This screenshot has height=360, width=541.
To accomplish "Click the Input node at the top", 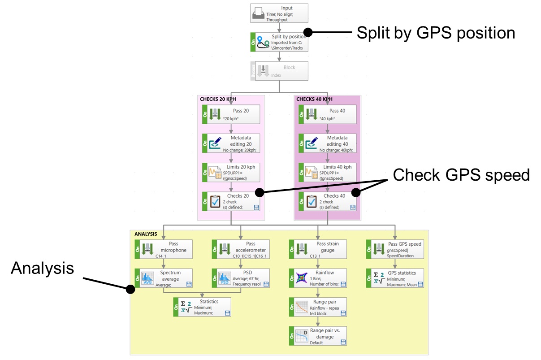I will click(279, 13).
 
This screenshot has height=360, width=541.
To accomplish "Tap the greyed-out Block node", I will click(279, 70).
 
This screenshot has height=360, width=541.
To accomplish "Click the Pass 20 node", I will click(231, 114).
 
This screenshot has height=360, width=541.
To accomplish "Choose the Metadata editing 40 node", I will click(328, 143).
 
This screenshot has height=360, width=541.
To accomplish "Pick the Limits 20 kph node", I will click(231, 173).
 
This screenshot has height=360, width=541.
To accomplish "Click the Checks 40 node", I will click(328, 201).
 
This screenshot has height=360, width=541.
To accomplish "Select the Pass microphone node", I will click(164, 249).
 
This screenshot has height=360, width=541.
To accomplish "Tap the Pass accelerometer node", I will click(241, 249).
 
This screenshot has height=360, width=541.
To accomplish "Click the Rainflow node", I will click(318, 278).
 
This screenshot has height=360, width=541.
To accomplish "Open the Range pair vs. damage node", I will click(318, 336).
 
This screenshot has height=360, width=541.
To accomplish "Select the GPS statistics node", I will click(395, 278).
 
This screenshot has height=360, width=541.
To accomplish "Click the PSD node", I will click(241, 278).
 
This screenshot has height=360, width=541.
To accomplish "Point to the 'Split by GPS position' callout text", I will click(436, 33).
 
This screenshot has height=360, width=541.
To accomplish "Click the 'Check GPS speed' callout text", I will click(461, 175).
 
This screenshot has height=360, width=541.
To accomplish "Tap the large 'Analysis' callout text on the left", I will click(42, 268).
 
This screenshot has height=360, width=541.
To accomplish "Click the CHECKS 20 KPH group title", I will click(219, 99).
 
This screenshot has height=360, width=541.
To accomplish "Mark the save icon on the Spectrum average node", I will click(189, 284).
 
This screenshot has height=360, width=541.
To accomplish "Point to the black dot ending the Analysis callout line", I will click(130, 290).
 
